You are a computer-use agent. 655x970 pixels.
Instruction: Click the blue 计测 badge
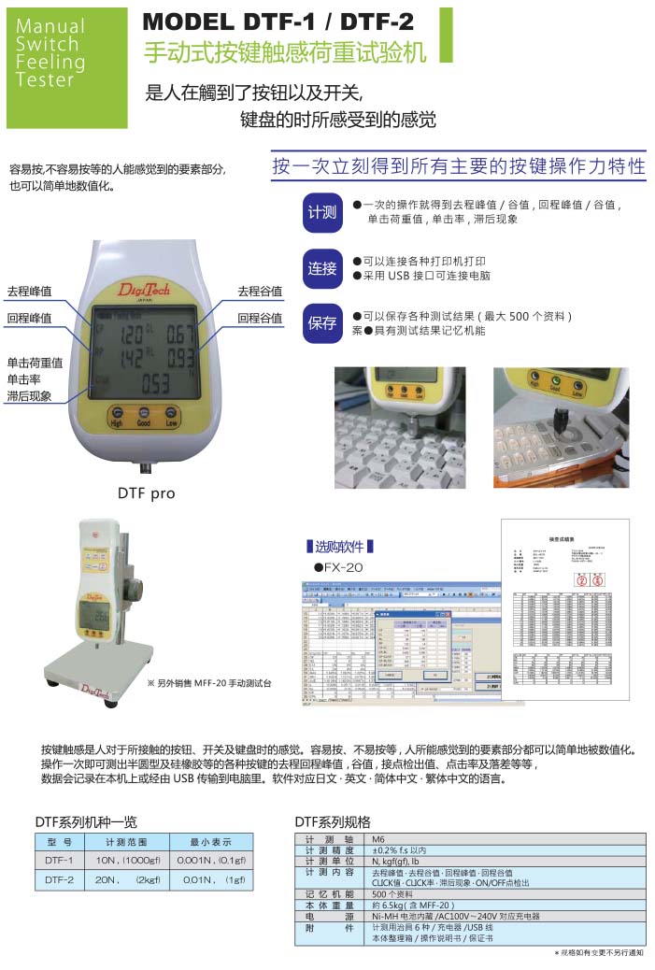321,212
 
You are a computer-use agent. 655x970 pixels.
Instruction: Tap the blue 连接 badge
321,268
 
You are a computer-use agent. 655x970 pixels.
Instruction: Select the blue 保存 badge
321,323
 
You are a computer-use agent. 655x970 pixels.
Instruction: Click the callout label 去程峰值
29,292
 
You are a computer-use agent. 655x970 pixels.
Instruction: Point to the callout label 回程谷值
260,318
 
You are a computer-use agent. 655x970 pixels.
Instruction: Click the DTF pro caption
146,492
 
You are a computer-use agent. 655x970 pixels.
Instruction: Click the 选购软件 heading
340,546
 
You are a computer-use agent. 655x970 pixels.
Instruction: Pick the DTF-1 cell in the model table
59,860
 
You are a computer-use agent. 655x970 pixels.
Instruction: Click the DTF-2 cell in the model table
59,879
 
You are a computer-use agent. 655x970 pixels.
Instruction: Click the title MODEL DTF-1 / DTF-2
279,21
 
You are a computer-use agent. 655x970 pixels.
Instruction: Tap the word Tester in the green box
45,80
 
